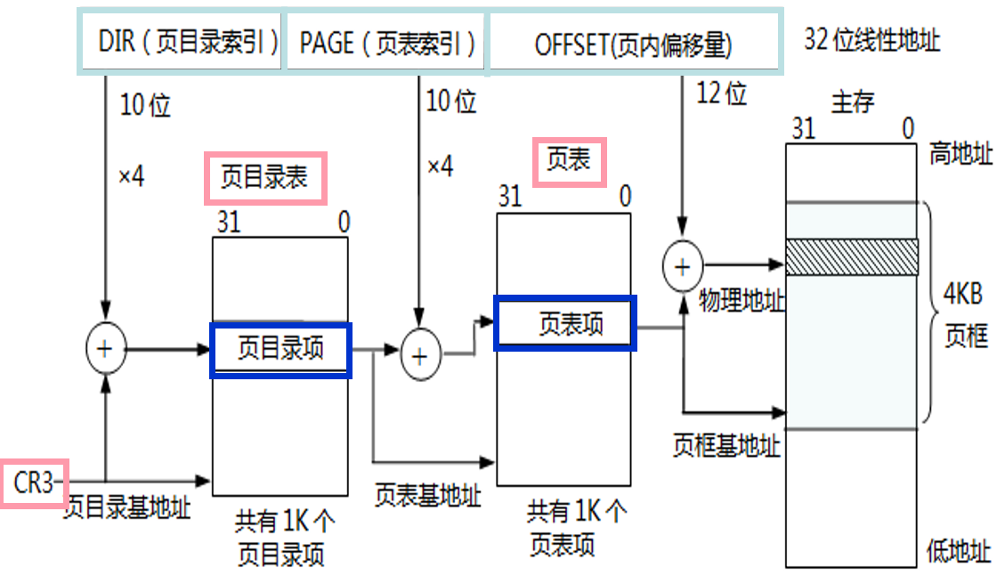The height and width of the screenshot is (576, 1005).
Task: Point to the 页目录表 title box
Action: coord(265,176)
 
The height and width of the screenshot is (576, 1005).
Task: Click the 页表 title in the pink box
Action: coord(569,161)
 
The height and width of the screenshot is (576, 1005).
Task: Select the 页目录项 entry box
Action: coord(280,350)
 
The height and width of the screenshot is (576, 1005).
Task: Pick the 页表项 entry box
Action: coord(565,323)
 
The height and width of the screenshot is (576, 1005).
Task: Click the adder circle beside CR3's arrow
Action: coord(106,349)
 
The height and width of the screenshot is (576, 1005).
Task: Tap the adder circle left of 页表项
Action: coord(421,355)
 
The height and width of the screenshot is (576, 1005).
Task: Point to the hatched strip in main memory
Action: coord(851,256)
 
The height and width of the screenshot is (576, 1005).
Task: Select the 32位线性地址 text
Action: coord(871,41)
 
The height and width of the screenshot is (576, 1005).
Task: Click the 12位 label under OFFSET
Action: coord(722,93)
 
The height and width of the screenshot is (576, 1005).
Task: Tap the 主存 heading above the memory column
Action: coord(852,102)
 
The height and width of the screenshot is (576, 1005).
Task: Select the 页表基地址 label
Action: coord(427,495)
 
